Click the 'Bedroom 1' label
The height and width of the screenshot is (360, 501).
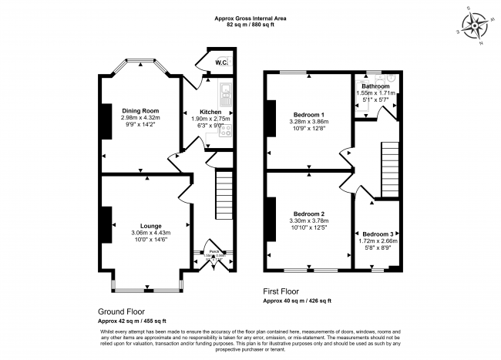coord(307,114)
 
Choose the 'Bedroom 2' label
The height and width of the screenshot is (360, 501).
coord(307,213)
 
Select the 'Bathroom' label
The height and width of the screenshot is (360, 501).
coord(375,86)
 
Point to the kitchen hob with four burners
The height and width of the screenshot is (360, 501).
coord(227,131)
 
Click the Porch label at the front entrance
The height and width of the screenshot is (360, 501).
coord(211,251)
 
